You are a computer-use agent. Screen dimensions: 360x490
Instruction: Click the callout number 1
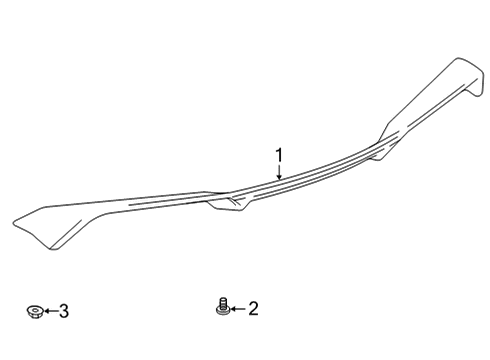pyautogui.click(x=280, y=155)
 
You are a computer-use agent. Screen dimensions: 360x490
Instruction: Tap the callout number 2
pyautogui.click(x=252, y=309)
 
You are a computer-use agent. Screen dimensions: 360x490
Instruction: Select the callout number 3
pyautogui.click(x=63, y=312)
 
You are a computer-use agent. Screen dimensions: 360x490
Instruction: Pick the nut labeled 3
pyautogui.click(x=35, y=312)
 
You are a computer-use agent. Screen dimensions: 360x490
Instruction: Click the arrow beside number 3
pyautogui.click(x=49, y=312)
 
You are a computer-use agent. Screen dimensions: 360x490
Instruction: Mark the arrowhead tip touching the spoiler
pyautogui.click(x=280, y=180)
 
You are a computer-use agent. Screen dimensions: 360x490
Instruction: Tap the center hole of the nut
pyautogui.click(x=35, y=311)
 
